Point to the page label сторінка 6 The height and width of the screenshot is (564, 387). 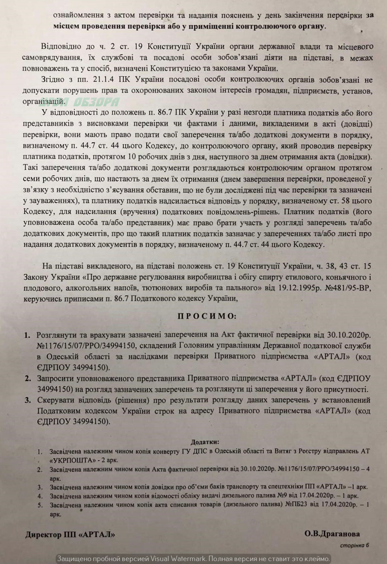click(x=355, y=545)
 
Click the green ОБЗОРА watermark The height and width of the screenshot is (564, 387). click(x=96, y=101)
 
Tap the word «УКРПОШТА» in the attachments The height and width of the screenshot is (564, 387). click(x=68, y=460)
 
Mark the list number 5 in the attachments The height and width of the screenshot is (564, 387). click(x=40, y=505)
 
